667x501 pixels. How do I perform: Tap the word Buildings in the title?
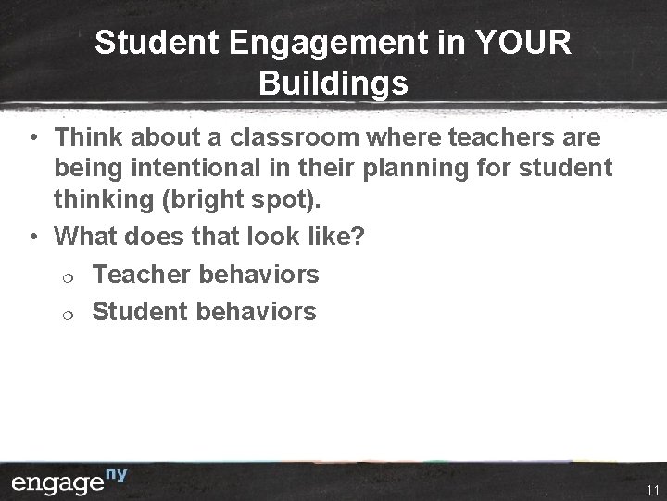tap(333, 83)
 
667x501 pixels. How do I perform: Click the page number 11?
tap(652, 490)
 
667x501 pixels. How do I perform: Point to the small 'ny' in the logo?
tap(115, 475)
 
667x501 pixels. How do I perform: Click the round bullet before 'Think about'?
tap(32, 139)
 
